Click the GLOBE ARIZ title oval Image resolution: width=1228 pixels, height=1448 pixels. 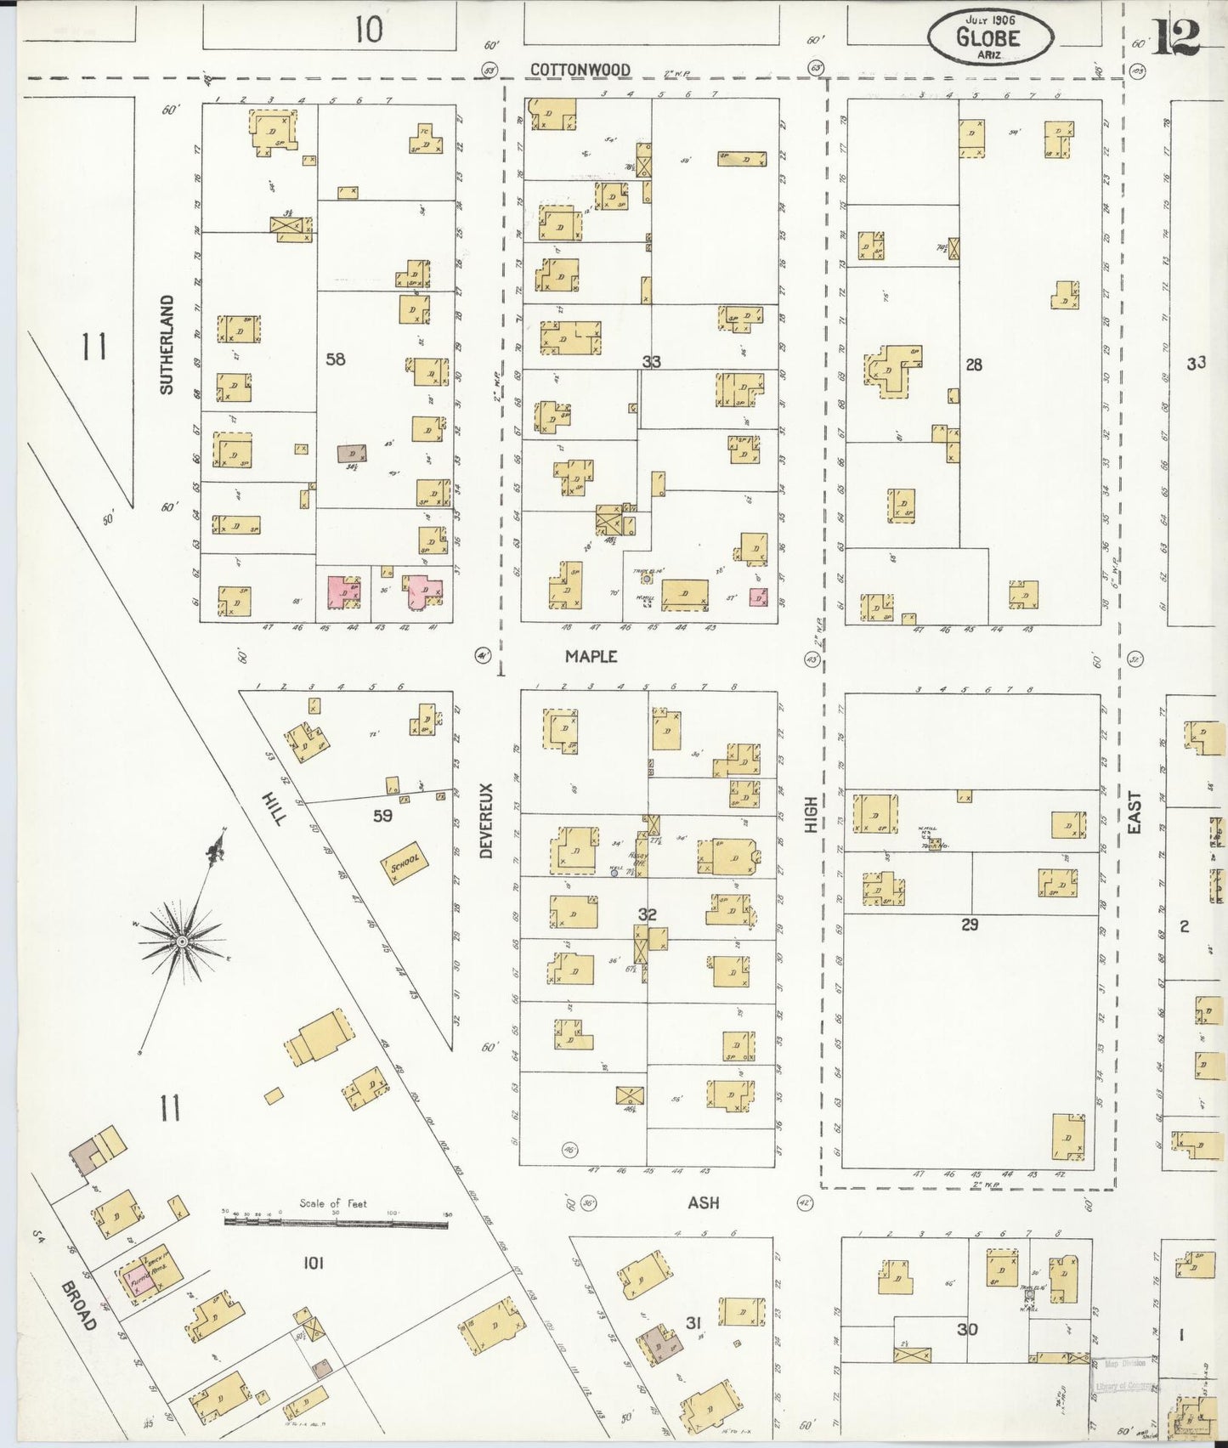(x=989, y=36)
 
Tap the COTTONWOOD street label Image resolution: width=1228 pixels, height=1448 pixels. (x=580, y=70)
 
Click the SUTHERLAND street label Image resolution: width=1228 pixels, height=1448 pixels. (x=167, y=344)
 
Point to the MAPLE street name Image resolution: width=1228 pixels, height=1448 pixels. (x=591, y=656)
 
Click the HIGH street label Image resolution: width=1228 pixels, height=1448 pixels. (x=811, y=813)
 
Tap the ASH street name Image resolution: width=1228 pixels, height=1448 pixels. (x=703, y=1202)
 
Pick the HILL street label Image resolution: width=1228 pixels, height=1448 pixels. (x=274, y=807)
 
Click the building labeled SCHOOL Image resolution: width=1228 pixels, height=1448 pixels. (x=405, y=866)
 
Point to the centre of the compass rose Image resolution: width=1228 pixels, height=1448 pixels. (x=181, y=942)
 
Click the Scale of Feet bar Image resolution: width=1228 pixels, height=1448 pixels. (x=336, y=1222)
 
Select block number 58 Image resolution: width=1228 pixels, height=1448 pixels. (x=336, y=359)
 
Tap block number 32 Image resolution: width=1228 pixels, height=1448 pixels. (x=648, y=914)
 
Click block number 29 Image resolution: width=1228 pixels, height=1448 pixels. (x=970, y=924)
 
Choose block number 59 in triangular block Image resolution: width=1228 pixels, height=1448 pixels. (x=382, y=816)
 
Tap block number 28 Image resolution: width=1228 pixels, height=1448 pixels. (x=974, y=364)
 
